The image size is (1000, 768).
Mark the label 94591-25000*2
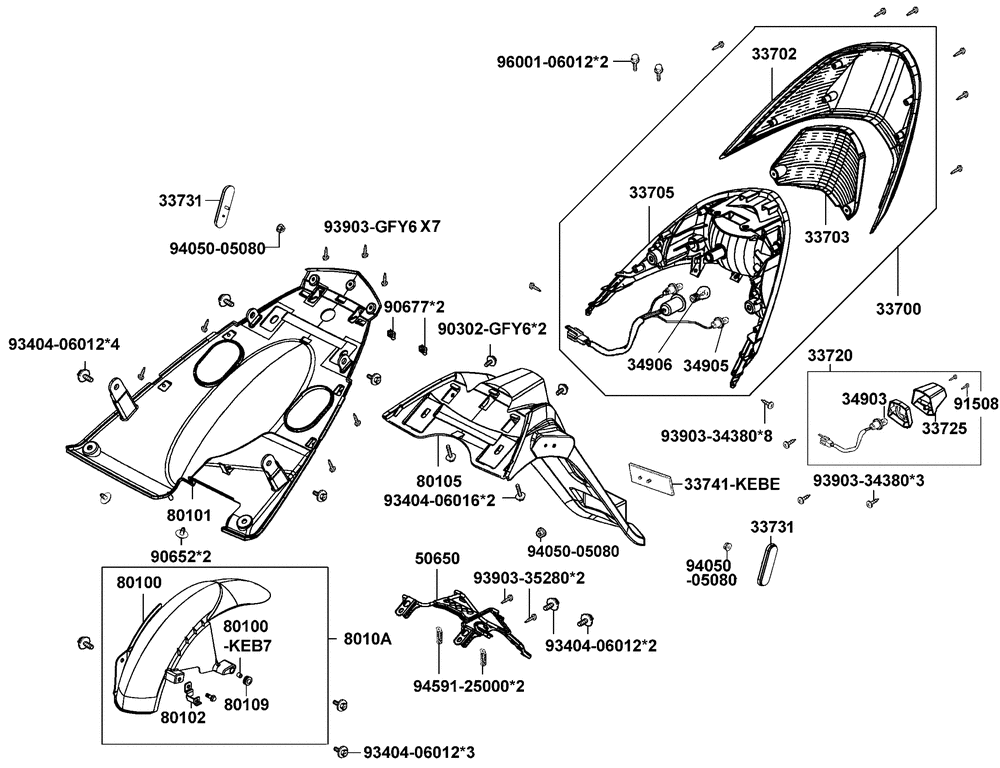(469, 686)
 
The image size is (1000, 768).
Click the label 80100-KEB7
(246, 636)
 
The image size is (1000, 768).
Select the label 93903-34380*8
(717, 435)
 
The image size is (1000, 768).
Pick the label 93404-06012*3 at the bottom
(419, 751)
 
